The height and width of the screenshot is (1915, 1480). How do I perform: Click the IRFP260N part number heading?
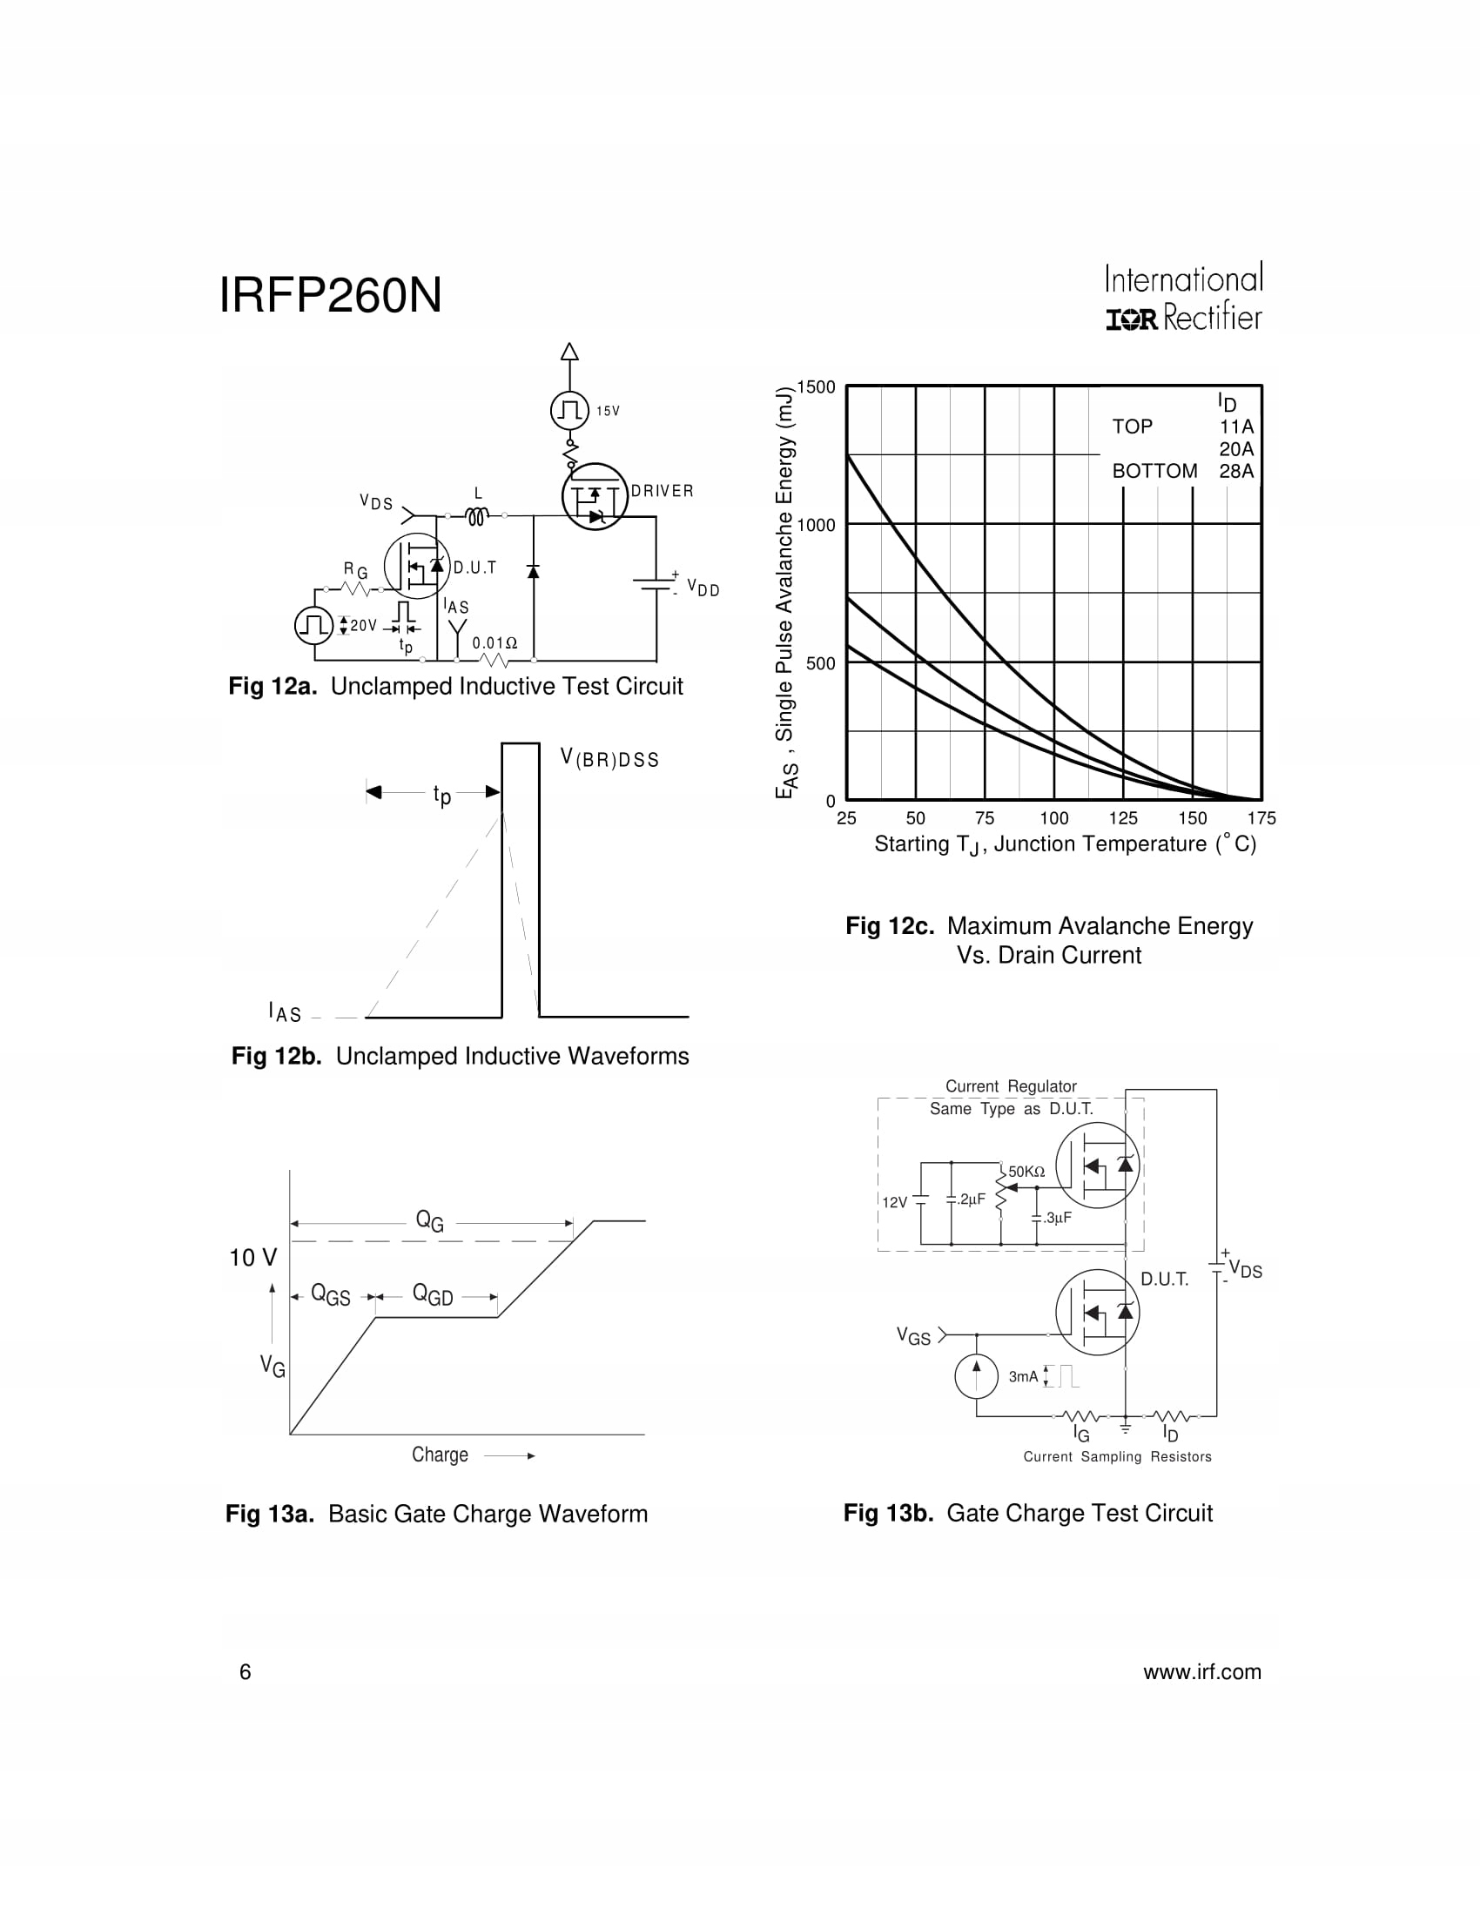click(x=330, y=295)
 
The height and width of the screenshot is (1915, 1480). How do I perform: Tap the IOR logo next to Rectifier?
click(x=1131, y=320)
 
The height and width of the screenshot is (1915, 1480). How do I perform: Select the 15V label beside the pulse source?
click(x=608, y=411)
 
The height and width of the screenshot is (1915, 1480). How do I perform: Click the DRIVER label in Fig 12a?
click(x=662, y=491)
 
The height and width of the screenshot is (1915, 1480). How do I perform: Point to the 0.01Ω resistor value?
click(x=494, y=643)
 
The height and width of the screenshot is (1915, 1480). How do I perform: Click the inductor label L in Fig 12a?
click(x=478, y=494)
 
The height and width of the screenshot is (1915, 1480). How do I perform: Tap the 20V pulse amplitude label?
click(x=363, y=625)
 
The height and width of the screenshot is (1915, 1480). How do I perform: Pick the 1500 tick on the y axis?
click(x=816, y=387)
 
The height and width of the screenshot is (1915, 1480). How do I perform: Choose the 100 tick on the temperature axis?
click(x=1054, y=819)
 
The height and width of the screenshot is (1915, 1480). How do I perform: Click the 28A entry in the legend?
click(x=1236, y=472)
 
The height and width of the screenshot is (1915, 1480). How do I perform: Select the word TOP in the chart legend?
click(x=1132, y=427)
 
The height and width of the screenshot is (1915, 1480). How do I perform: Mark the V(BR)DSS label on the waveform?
click(x=609, y=758)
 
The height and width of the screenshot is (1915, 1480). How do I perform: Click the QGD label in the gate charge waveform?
click(x=433, y=1295)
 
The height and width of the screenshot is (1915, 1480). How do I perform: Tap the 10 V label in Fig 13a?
click(x=252, y=1259)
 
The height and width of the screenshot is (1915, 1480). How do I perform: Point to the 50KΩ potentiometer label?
click(x=1026, y=1173)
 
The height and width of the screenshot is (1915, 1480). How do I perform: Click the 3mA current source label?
click(x=1022, y=1377)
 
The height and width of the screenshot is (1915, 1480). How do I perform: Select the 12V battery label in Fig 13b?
click(x=894, y=1202)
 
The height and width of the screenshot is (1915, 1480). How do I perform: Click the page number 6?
click(x=246, y=1672)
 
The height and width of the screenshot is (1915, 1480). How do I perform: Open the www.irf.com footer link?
click(x=1201, y=1672)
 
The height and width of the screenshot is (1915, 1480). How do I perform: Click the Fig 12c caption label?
click(x=889, y=926)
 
